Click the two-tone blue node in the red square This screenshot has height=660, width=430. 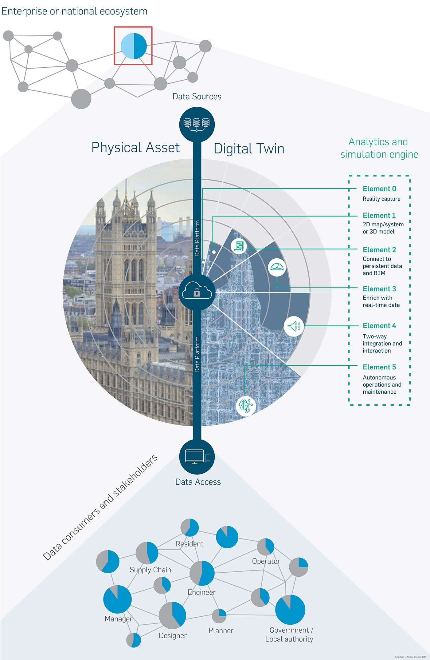click(134, 46)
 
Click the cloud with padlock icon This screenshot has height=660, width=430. click(197, 291)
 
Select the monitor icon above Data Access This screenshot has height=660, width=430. click(197, 457)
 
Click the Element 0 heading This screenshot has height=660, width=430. click(379, 189)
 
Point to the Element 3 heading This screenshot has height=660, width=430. click(379, 289)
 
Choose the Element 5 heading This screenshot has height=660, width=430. click(379, 367)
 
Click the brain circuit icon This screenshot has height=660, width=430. click(246, 406)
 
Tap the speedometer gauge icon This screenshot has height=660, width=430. click(277, 267)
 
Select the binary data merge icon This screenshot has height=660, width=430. click(294, 326)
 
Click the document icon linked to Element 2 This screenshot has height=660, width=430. click(239, 246)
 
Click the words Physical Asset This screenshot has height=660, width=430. click(135, 148)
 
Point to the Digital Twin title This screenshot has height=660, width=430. click(249, 149)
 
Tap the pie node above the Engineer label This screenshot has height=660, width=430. click(202, 573)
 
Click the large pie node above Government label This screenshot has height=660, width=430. click(290, 610)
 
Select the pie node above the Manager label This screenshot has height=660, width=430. click(117, 599)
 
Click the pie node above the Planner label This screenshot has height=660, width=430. click(219, 616)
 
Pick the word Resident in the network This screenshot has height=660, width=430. click(190, 544)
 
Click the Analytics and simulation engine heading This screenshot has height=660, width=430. click(379, 148)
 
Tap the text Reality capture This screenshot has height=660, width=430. click(381, 199)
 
